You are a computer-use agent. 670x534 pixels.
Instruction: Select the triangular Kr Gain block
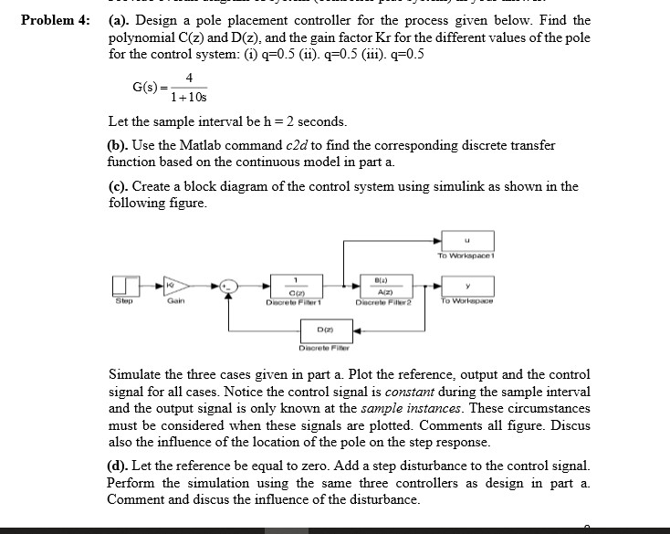(171, 287)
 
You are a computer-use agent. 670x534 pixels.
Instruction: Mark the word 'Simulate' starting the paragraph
(136, 375)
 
